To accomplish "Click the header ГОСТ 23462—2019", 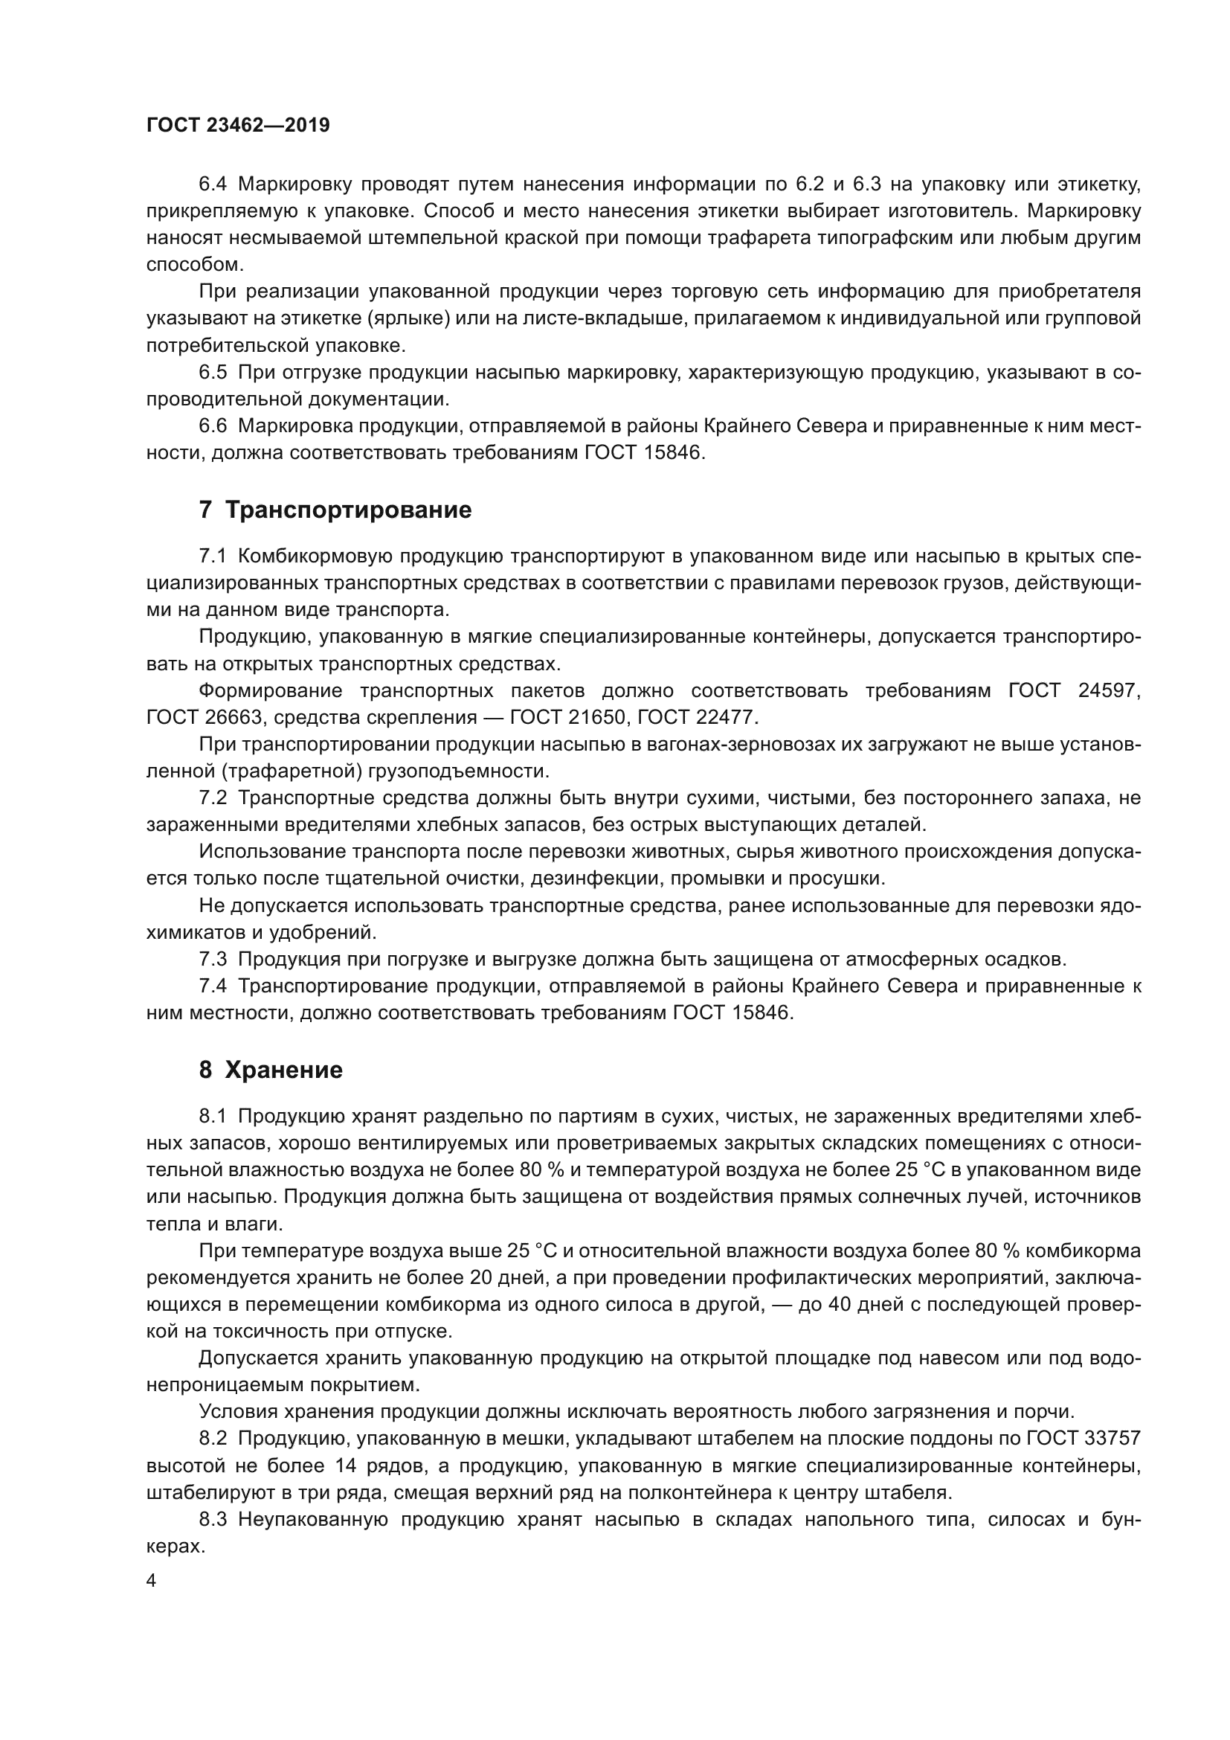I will tap(238, 126).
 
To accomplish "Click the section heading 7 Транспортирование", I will tap(335, 510).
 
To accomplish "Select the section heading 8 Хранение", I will tap(271, 1070).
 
